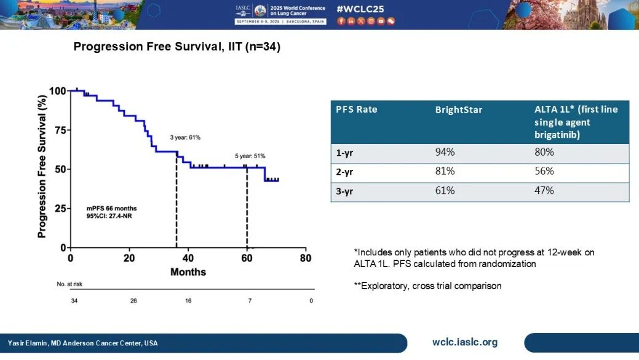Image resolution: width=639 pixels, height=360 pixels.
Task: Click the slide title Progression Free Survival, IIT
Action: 177,47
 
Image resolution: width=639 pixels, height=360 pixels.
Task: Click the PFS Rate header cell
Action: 357,110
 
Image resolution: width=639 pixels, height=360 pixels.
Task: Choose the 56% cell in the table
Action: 544,171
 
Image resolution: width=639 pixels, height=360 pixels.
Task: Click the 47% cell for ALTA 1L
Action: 544,190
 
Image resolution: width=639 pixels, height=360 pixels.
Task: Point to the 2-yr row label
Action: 344,171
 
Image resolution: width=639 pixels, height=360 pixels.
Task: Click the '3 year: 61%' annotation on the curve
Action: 185,137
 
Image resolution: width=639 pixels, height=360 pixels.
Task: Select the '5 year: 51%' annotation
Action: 250,156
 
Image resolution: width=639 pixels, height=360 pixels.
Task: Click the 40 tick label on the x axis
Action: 188,258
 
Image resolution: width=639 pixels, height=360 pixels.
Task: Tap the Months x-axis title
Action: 188,271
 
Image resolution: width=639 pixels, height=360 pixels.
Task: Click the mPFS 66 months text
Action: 111,209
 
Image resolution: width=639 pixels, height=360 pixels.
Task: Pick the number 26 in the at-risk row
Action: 133,301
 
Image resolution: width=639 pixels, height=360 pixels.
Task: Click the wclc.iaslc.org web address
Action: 465,343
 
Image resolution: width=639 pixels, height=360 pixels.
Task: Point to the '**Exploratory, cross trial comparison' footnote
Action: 423,286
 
